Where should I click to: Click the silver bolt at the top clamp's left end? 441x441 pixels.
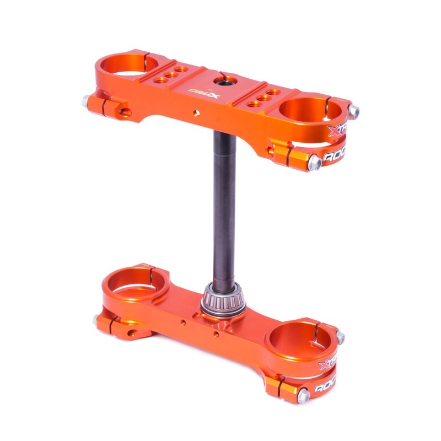[87, 101]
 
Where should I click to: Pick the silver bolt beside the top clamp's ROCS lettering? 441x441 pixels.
[315, 162]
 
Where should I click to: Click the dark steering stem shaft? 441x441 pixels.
[224, 209]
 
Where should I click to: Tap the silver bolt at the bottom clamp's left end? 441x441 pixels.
[98, 319]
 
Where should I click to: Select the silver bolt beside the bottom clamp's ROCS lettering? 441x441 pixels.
[303, 395]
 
